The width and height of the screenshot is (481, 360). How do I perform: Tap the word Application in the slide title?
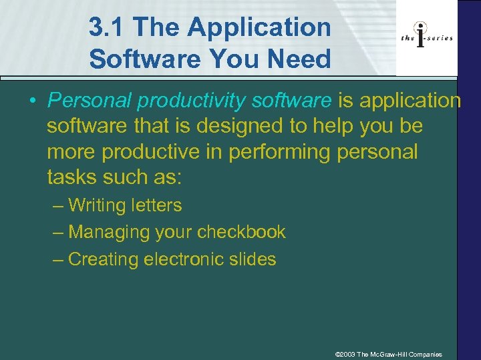[x=259, y=28]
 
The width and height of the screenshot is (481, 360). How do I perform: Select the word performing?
[x=280, y=151]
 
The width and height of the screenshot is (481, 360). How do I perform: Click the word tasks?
[x=71, y=177]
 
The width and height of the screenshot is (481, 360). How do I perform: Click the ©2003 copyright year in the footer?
[x=345, y=354]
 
